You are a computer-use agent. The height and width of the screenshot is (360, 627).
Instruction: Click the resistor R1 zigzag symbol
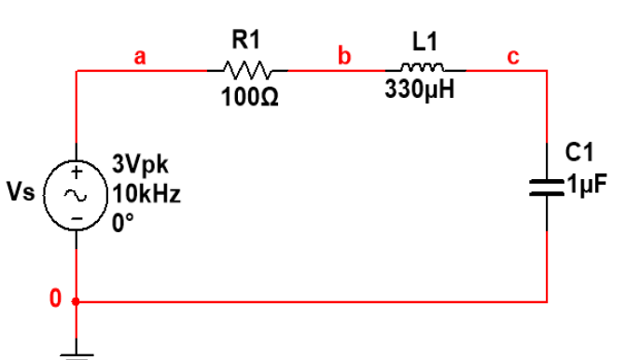click(x=246, y=70)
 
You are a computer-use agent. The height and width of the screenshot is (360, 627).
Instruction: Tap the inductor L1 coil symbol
click(x=419, y=68)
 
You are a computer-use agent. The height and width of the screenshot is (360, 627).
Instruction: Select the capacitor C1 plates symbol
click(x=546, y=187)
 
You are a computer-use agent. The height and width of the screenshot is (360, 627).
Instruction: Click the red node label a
click(x=140, y=57)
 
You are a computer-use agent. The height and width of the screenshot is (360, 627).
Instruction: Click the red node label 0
click(x=55, y=299)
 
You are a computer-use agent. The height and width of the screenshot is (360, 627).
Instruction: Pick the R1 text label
click(x=246, y=39)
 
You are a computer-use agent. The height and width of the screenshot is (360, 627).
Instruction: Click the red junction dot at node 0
click(x=77, y=301)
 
